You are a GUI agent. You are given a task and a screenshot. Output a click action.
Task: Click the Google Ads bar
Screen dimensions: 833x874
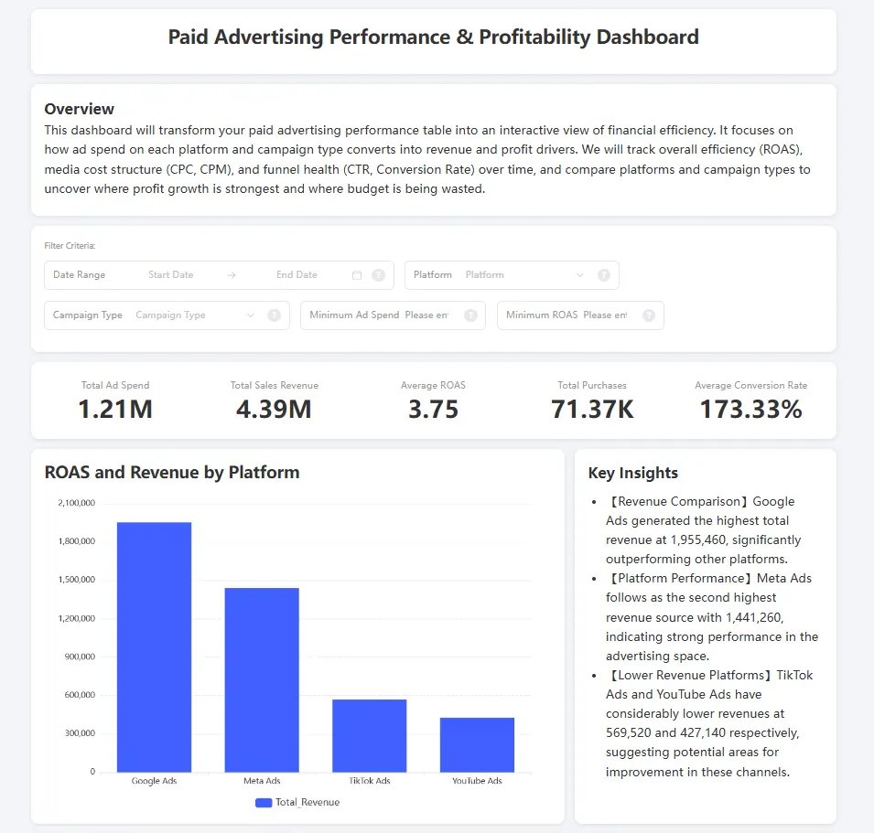pos(154,646)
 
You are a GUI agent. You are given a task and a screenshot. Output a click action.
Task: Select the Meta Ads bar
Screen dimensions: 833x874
pos(262,679)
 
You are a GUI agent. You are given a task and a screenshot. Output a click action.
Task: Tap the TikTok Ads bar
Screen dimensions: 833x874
pos(369,735)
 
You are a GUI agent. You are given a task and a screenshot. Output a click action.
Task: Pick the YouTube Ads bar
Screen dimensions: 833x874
pos(477,744)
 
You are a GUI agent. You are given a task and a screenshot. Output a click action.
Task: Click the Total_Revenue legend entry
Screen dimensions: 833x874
pos(297,802)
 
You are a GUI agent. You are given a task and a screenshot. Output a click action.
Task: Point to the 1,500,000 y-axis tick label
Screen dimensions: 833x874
pos(76,580)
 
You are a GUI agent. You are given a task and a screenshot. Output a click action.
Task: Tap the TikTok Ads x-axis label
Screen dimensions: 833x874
pos(369,781)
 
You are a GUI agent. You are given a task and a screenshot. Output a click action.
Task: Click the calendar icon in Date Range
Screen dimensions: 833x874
pos(357,274)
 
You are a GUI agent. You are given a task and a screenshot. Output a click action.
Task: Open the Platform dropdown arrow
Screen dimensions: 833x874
pos(579,274)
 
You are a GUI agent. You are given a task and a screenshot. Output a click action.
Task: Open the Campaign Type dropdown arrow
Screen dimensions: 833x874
pos(251,315)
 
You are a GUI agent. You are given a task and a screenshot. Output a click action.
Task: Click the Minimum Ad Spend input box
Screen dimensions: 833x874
pos(426,315)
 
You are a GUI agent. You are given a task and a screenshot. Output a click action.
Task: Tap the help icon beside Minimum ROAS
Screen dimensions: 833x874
pos(649,315)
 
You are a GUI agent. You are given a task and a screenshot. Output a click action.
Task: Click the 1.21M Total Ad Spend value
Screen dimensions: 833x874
pos(115,409)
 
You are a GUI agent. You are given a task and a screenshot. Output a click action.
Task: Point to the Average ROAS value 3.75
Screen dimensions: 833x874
pos(433,409)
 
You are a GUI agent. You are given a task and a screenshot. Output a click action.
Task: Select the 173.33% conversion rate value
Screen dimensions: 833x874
pos(750,409)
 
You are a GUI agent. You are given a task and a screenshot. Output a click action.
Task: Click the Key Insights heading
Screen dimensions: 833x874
pos(632,473)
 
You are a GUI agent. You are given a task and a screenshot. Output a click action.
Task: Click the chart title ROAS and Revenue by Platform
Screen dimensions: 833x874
pos(172,473)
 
